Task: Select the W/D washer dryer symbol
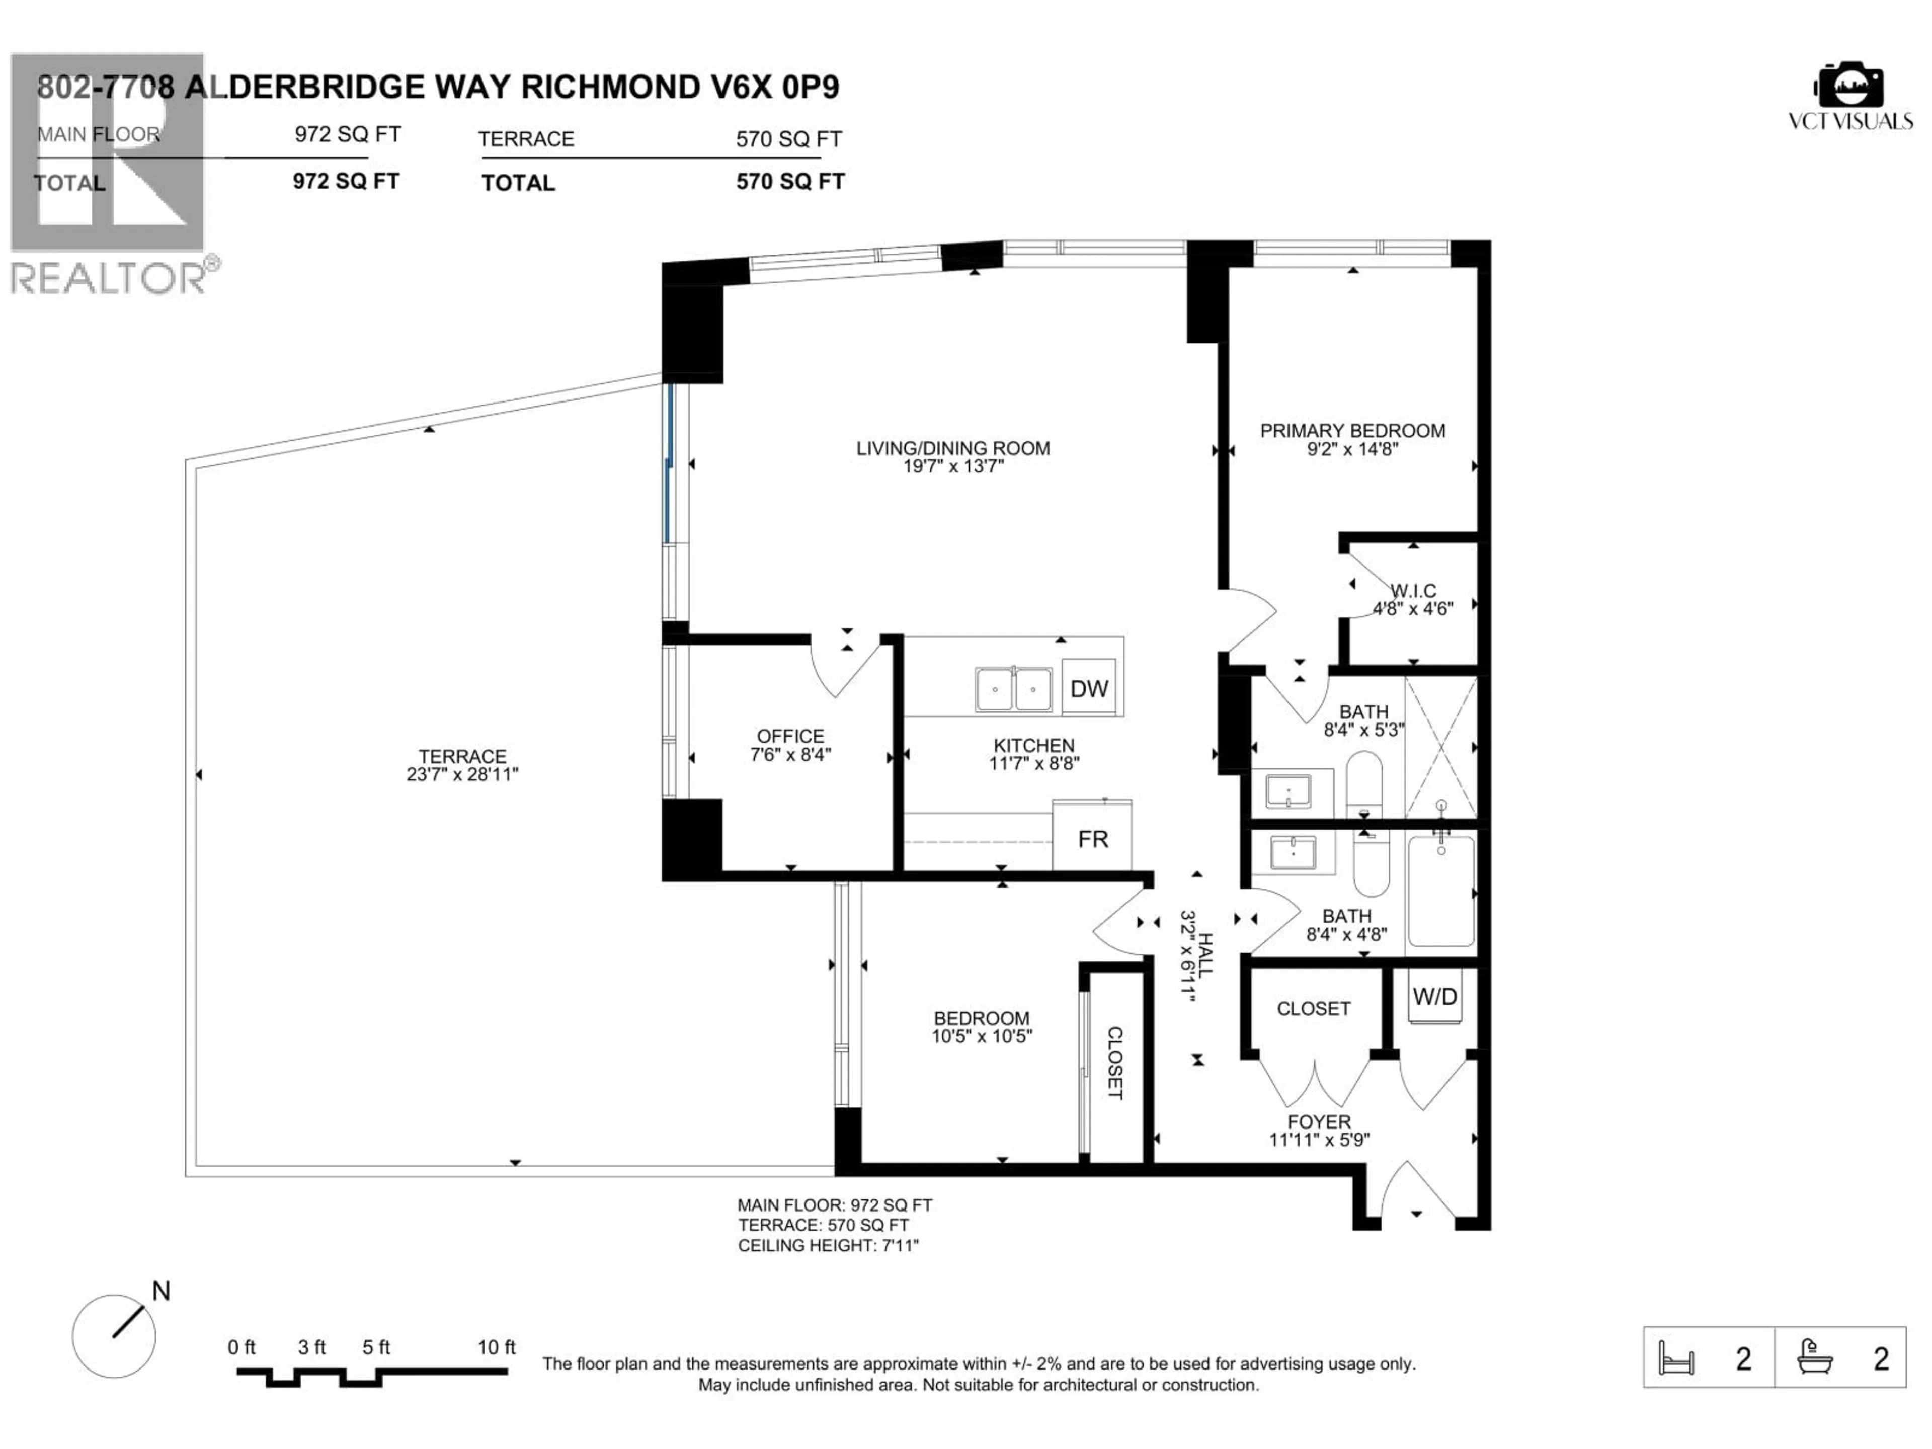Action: pos(1434,997)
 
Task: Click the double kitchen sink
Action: pos(1013,689)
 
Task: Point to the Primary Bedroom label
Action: pos(1352,431)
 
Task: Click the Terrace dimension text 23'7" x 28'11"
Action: pos(462,774)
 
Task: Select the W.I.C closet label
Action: pos(1413,591)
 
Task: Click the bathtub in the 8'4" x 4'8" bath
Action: pos(1440,891)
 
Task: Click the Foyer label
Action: pos(1319,1121)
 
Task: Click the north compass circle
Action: pos(114,1336)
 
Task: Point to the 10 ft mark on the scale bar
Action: pos(496,1348)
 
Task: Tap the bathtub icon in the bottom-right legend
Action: pos(1815,1357)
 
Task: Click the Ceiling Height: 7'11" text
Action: pos(828,1246)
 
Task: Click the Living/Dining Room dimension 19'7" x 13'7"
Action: pos(953,466)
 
